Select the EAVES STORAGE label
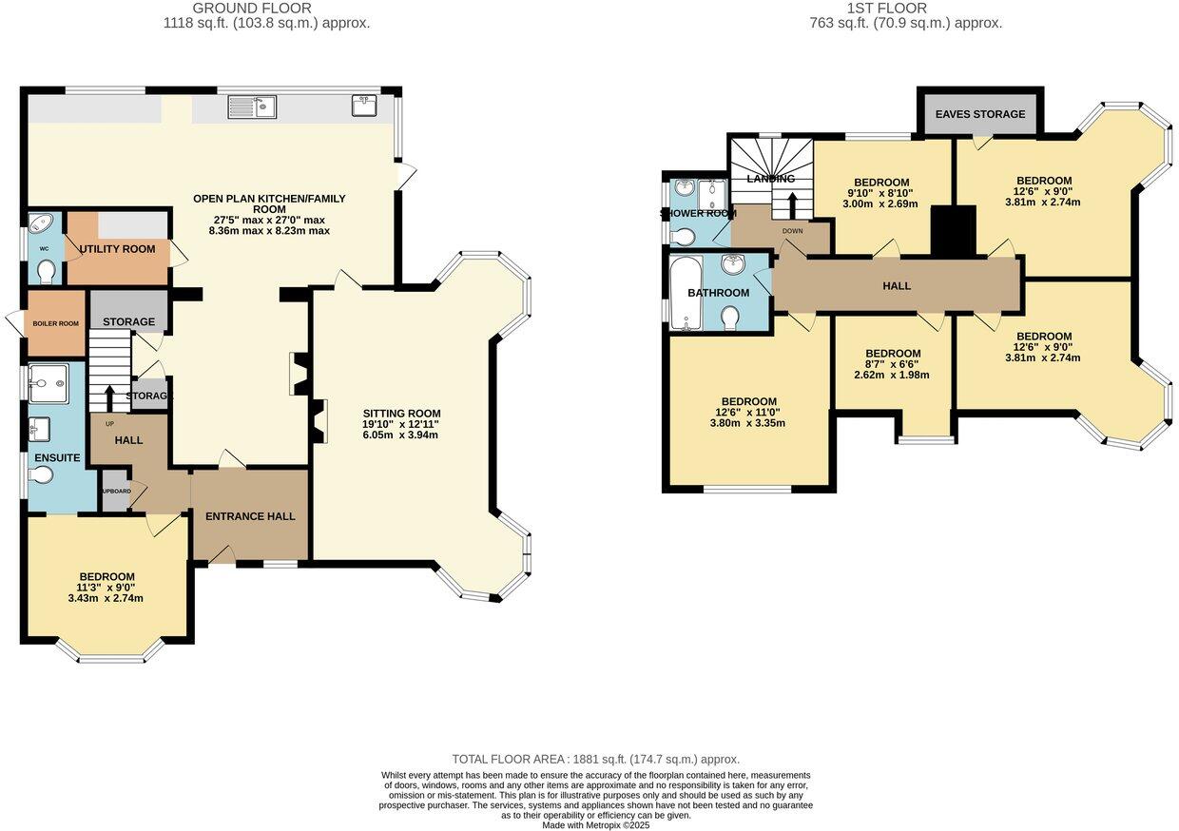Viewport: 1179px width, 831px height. pyautogui.click(x=980, y=114)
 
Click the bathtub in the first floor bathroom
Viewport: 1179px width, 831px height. pyautogui.click(x=683, y=292)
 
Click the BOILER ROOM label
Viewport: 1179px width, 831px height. pyautogui.click(x=55, y=323)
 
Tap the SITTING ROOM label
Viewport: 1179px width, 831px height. pyautogui.click(x=401, y=414)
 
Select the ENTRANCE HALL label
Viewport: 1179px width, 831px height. pyautogui.click(x=250, y=516)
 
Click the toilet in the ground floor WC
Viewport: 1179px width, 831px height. pyautogui.click(x=46, y=271)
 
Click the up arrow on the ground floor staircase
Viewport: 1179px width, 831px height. pyautogui.click(x=110, y=396)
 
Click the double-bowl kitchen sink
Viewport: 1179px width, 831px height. pyautogui.click(x=252, y=107)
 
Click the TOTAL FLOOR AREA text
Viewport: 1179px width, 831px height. pyautogui.click(x=595, y=759)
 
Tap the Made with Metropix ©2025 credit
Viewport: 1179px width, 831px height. pyautogui.click(x=595, y=825)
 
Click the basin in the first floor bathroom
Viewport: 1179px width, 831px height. pyautogui.click(x=732, y=265)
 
